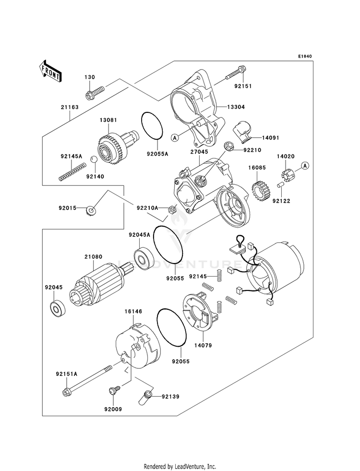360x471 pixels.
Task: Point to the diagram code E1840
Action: [x=304, y=56]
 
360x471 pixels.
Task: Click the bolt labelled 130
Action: [x=96, y=90]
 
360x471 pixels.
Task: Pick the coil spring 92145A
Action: [x=72, y=172]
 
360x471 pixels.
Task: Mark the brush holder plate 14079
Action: [x=201, y=315]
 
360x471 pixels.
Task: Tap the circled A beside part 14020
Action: [x=304, y=166]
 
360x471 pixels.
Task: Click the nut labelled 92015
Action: [x=91, y=210]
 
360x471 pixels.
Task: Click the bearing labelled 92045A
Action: [x=143, y=257]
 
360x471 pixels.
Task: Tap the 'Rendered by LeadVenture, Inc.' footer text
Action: [x=180, y=466]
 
